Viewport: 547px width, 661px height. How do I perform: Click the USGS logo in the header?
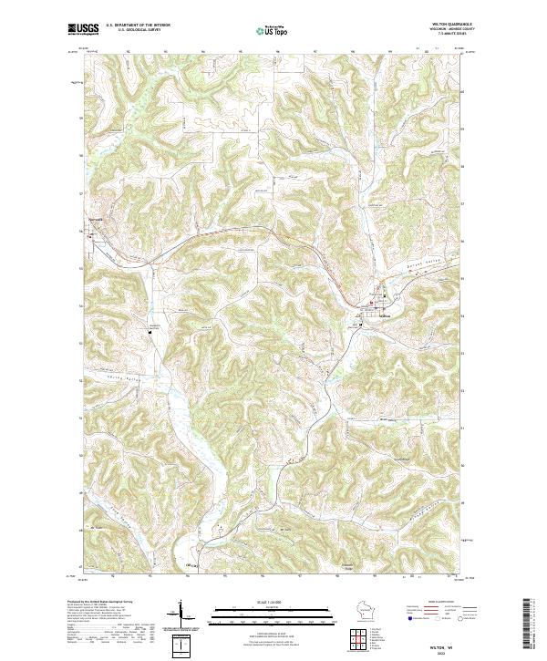84,30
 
